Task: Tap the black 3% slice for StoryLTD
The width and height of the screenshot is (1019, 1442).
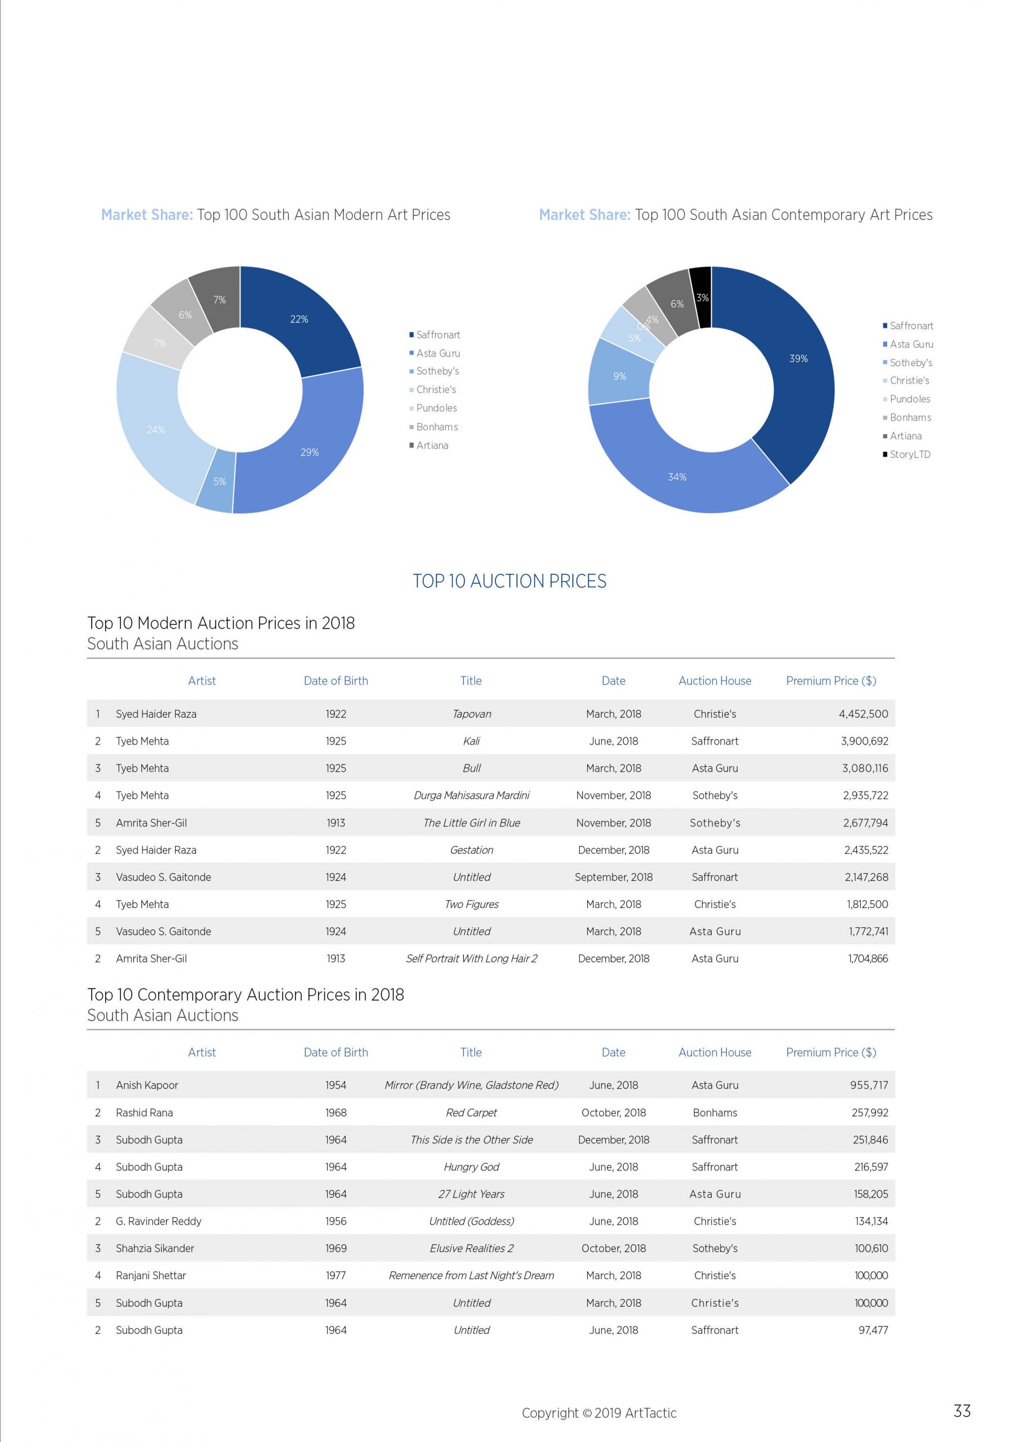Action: tap(701, 297)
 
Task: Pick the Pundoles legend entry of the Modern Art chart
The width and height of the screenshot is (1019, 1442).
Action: tap(433, 408)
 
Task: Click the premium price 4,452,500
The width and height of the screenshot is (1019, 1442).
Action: tap(863, 714)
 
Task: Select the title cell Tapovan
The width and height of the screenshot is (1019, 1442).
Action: tap(472, 714)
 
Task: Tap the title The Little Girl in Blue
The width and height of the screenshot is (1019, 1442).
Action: tap(472, 823)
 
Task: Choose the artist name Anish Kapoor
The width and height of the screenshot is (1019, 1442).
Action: tap(147, 1085)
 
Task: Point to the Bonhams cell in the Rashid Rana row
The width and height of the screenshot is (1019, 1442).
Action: tap(714, 1113)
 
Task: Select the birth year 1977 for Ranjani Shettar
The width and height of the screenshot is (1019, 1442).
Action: tap(336, 1276)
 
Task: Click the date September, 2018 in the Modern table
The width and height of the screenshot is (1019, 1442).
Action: tap(614, 878)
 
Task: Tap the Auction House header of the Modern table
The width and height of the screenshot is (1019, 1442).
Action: tap(714, 681)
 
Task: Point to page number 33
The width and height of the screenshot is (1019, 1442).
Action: tap(962, 1411)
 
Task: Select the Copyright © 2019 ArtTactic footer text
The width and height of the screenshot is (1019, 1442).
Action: tap(599, 1413)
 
